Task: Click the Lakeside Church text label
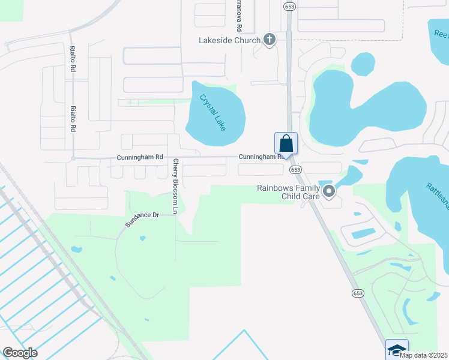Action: pos(230,40)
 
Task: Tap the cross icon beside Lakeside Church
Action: pos(270,40)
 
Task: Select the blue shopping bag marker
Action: pos(286,144)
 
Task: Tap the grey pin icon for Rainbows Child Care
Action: pos(328,192)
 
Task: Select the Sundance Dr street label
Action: pos(142,218)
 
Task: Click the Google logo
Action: pos(20,352)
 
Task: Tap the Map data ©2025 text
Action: pos(424,355)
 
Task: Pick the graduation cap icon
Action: pos(397,349)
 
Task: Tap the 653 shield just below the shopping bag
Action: pos(295,170)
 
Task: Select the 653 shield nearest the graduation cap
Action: pos(358,293)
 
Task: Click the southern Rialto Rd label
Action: pos(73,119)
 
